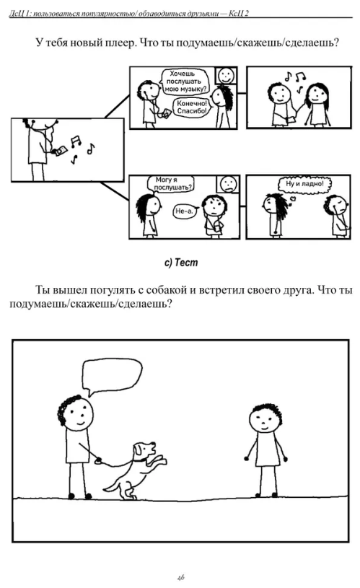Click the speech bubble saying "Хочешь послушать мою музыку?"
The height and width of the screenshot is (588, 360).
click(184, 82)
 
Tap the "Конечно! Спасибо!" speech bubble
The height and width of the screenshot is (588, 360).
click(191, 107)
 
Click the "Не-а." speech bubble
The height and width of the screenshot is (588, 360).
click(184, 211)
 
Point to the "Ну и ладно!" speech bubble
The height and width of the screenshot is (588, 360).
click(304, 184)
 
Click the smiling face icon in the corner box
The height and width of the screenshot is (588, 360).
click(226, 76)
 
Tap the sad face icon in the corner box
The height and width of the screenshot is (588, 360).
click(228, 184)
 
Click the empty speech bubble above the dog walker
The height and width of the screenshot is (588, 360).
click(112, 375)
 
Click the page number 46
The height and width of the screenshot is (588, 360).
click(181, 577)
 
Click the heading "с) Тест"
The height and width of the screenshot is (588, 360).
click(181, 263)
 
